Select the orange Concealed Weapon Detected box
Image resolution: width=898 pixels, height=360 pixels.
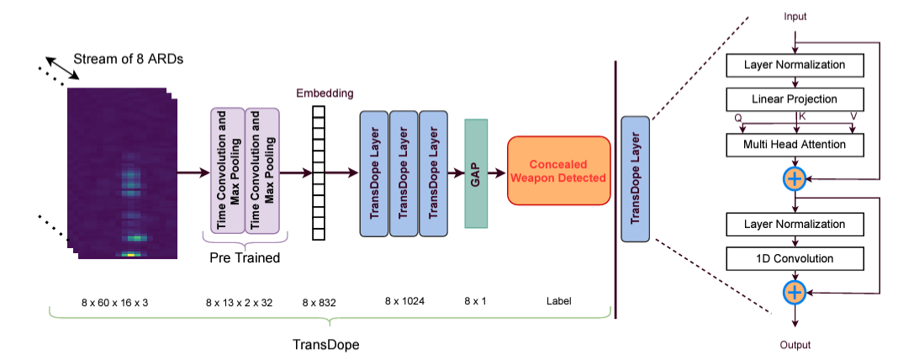558,172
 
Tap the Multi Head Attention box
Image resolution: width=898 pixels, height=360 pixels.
794,145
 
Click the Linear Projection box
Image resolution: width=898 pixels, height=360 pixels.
794,99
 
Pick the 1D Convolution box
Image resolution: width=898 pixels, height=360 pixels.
794,258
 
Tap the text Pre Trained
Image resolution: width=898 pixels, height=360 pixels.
245,258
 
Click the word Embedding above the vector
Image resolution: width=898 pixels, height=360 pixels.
325,93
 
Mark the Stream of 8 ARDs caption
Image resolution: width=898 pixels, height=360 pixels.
129,59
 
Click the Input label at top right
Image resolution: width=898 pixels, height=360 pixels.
795,16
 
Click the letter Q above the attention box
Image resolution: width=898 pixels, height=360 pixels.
738,118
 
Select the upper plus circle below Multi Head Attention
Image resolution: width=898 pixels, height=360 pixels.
795,178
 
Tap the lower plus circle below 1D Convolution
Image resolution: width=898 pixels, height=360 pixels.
795,292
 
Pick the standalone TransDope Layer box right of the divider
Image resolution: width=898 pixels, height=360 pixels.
635,179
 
